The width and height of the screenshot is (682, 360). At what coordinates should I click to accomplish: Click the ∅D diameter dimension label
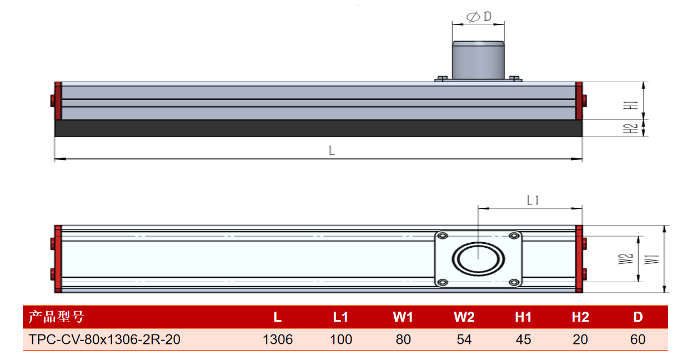479,17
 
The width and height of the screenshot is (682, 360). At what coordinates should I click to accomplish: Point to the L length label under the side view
332,151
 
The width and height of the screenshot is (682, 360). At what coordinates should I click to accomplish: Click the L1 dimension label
533,201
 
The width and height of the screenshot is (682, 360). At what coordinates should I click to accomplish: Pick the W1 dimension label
651,259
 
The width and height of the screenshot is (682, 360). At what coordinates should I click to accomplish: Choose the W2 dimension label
626,259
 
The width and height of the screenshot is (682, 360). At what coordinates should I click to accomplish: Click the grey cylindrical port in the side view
478,60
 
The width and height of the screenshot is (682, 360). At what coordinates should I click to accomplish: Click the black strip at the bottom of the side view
318,128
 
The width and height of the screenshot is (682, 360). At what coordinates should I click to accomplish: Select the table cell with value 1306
278,339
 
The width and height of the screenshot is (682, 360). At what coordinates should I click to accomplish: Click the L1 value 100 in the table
341,339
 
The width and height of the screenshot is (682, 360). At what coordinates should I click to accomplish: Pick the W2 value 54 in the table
464,339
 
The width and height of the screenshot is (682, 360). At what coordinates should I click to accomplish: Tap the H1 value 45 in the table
523,339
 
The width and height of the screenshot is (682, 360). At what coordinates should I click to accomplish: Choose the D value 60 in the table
638,339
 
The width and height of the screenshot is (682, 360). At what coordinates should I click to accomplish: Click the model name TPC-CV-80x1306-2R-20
104,339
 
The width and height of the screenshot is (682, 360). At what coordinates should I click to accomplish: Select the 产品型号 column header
56,317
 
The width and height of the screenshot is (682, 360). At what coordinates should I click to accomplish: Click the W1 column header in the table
403,317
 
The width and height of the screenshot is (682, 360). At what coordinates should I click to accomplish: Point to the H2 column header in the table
580,317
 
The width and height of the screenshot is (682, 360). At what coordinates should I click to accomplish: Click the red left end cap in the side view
58,101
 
